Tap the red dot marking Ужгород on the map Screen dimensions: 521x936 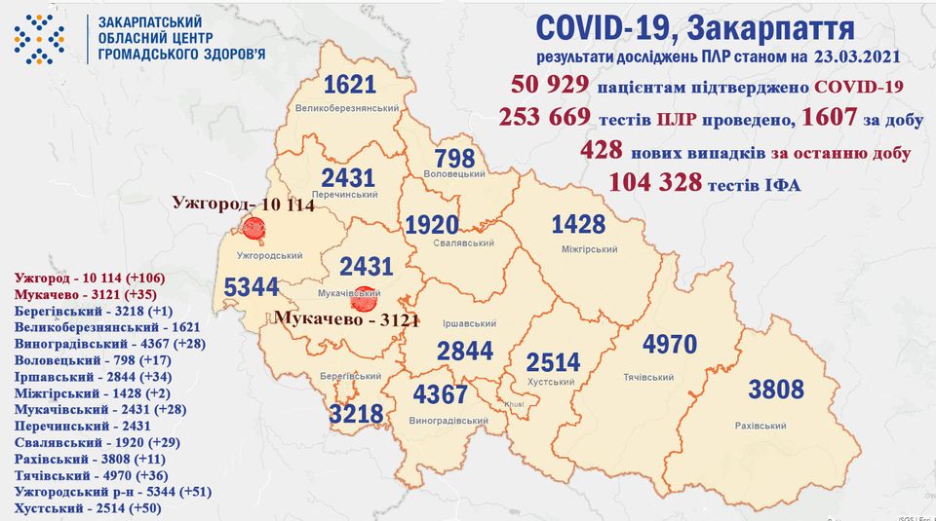254,229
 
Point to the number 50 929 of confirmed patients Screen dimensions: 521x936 543,86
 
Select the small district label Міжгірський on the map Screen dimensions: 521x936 591,250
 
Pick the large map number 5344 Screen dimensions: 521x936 251,288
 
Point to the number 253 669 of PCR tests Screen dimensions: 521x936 544,118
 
